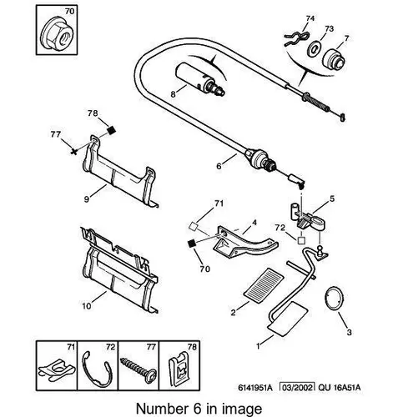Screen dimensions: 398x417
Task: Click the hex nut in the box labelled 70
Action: [57, 35]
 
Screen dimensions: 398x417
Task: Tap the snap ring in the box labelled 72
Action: [97, 369]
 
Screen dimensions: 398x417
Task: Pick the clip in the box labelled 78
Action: [179, 369]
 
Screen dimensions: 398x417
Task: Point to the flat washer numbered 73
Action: [315, 48]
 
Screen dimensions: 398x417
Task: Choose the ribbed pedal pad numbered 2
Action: [264, 285]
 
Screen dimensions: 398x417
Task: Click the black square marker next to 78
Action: [111, 130]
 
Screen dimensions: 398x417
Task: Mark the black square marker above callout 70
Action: [192, 244]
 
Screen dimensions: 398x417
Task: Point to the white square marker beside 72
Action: [301, 240]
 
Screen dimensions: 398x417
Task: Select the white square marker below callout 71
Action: [193, 227]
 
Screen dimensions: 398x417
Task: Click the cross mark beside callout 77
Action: [73, 152]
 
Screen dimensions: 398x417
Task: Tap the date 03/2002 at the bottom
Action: [297, 387]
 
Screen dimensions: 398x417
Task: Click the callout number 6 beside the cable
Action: [219, 166]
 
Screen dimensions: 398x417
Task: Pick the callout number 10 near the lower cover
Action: [87, 306]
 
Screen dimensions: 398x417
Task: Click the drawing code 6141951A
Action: [254, 387]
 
